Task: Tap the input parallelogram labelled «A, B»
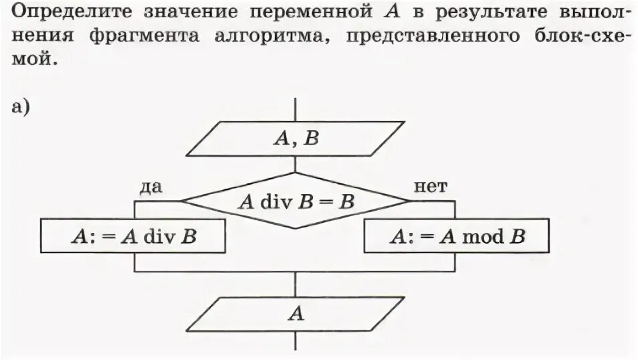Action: tap(296, 139)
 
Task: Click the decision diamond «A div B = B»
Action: tap(296, 201)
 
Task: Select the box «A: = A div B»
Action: tap(134, 236)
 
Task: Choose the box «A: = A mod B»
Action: tap(457, 236)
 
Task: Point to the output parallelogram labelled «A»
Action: tap(296, 314)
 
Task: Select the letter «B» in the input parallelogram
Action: tap(312, 139)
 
